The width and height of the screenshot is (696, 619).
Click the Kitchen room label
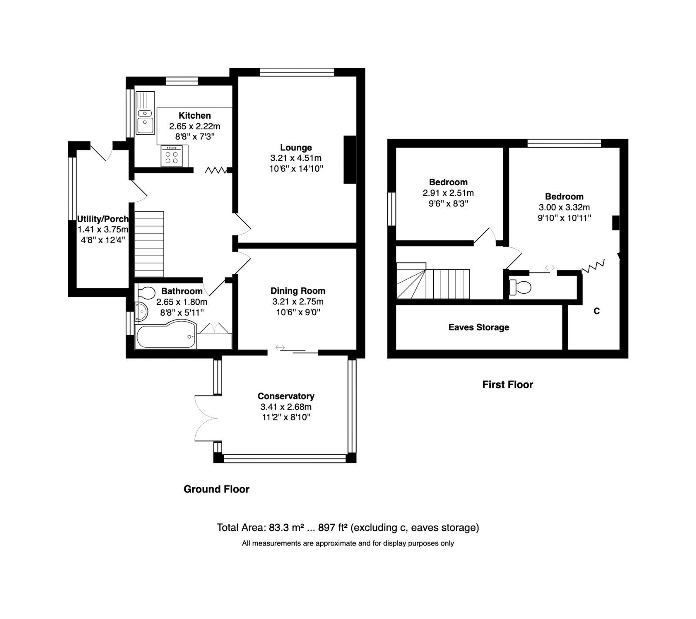[x=194, y=116]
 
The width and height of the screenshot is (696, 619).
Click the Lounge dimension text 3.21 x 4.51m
[x=296, y=158]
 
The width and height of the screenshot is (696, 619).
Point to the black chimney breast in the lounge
[x=350, y=160]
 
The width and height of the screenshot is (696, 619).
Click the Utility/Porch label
[x=103, y=219]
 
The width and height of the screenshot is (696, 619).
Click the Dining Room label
[x=298, y=291]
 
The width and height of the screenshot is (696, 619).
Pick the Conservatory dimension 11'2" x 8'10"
[x=286, y=417]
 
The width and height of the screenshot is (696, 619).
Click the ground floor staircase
[x=149, y=244]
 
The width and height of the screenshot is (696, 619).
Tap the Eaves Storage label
[x=478, y=327]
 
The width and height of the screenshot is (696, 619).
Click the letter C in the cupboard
[x=596, y=311]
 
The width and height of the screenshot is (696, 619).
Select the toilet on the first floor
[x=520, y=287]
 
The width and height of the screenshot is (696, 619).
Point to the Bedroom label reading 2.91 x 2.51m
[x=448, y=193]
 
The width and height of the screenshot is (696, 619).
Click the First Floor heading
[x=507, y=384]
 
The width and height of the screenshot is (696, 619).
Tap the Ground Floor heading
[x=216, y=489]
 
